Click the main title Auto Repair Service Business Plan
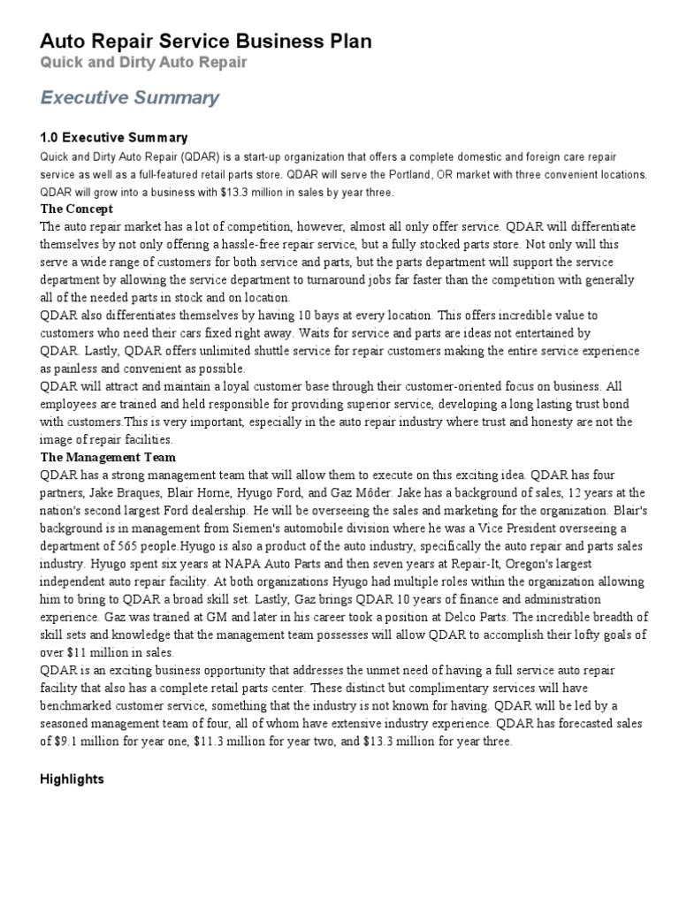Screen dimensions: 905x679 (x=206, y=42)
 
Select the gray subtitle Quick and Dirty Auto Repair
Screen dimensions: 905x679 (x=143, y=63)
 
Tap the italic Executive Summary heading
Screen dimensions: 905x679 (x=130, y=98)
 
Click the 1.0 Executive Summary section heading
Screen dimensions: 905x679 (x=114, y=138)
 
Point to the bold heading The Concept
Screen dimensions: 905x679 (x=77, y=209)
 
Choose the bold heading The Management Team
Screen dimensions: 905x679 (x=109, y=458)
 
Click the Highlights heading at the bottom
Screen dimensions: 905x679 (x=72, y=780)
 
